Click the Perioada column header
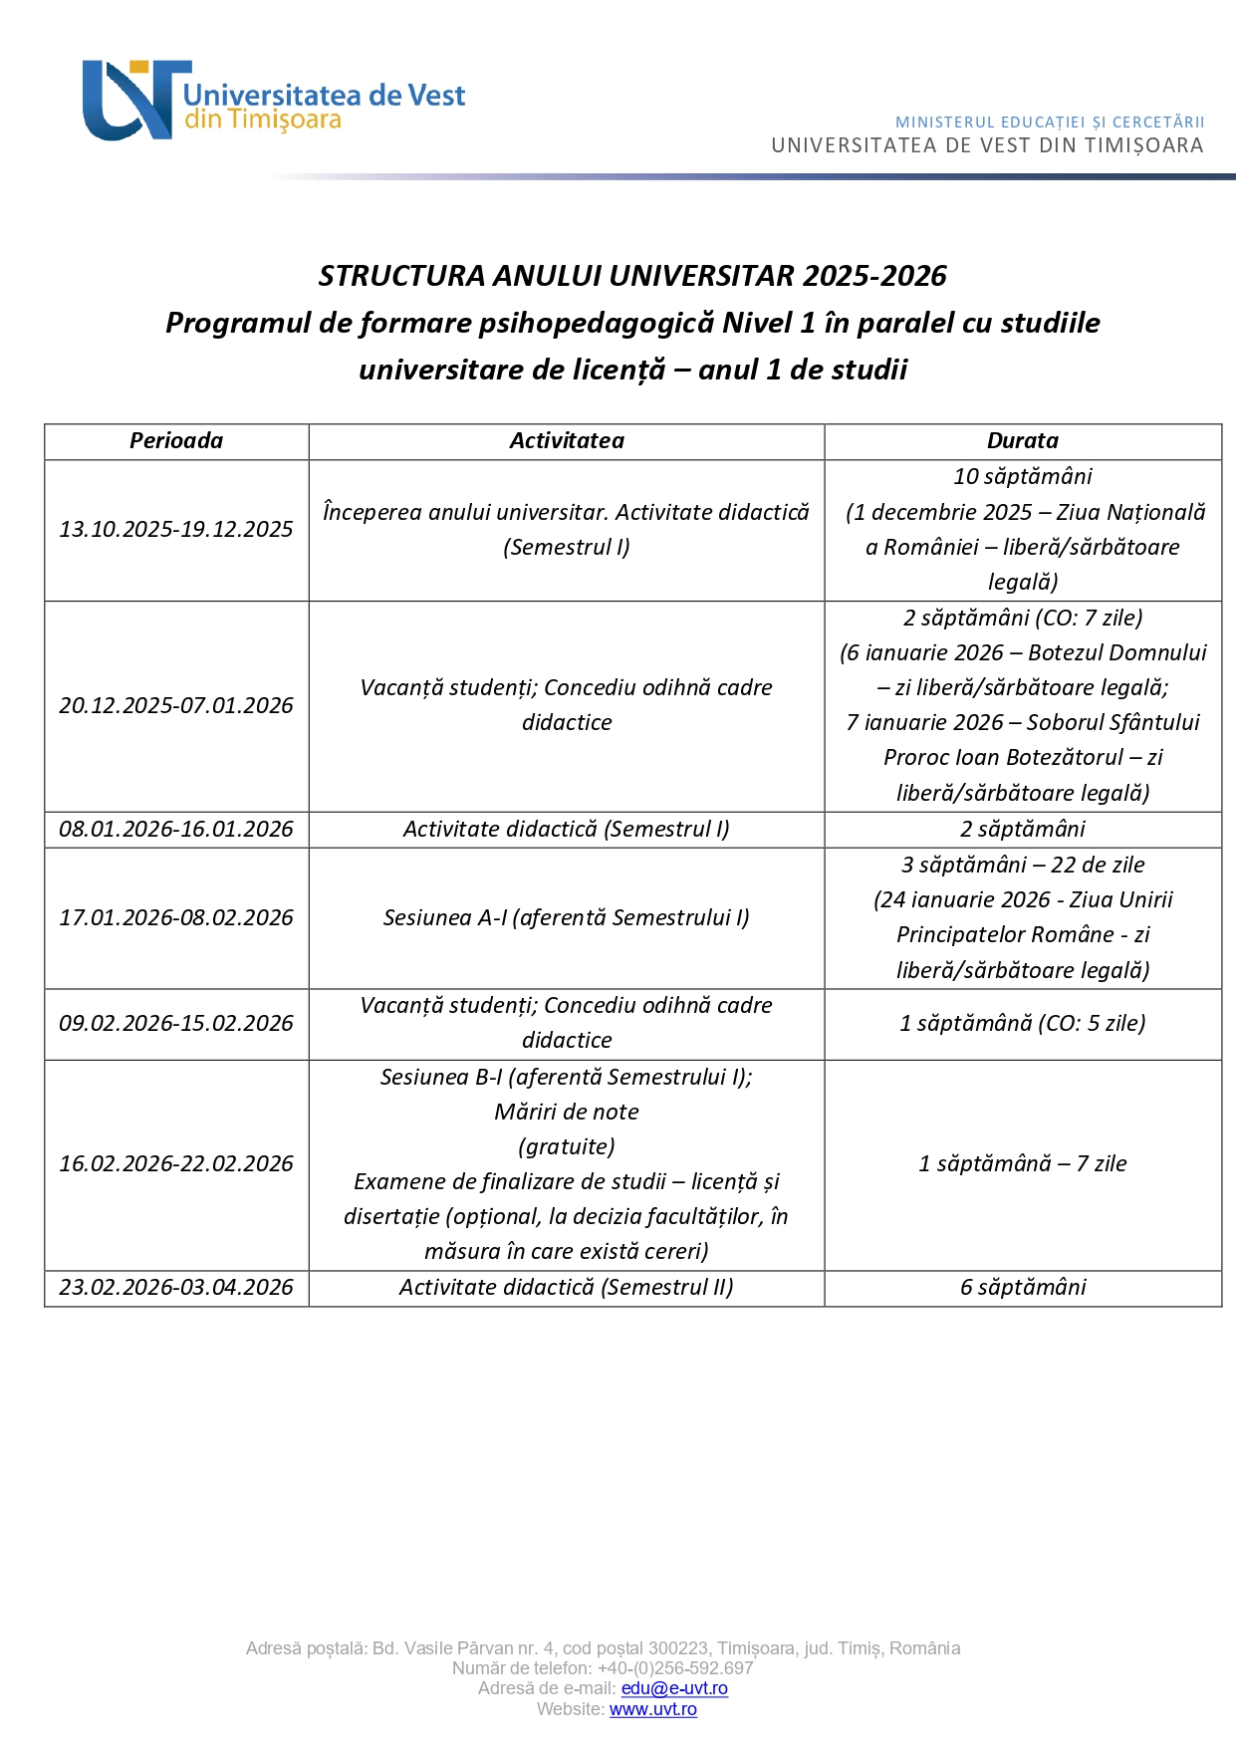point(176,441)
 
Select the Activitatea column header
point(567,441)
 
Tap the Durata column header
point(1022,441)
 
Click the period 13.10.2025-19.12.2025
point(176,530)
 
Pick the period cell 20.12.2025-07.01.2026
point(176,706)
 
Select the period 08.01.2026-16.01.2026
point(176,830)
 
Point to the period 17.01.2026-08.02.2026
point(176,918)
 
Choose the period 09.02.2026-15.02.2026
point(176,1024)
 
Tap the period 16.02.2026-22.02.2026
point(176,1164)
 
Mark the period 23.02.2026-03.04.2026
point(176,1288)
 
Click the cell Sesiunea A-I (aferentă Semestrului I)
point(567,918)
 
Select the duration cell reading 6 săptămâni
point(1023,1288)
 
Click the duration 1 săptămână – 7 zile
point(1023,1164)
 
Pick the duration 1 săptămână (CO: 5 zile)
point(1023,1024)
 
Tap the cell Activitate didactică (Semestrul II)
point(567,1288)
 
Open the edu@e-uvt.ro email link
point(674,1689)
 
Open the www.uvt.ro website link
point(652,1710)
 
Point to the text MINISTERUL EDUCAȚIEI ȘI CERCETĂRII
point(1050,123)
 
